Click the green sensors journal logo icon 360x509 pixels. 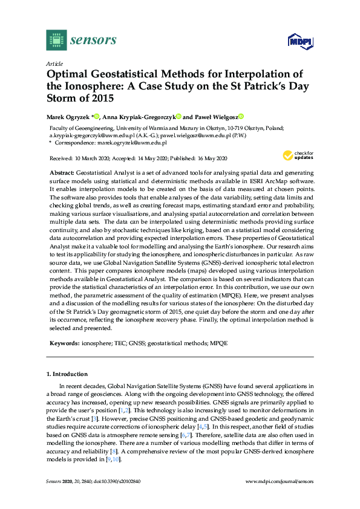pyautogui.click(x=56, y=40)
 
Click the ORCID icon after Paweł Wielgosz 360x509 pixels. pyautogui.click(x=240, y=117)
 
